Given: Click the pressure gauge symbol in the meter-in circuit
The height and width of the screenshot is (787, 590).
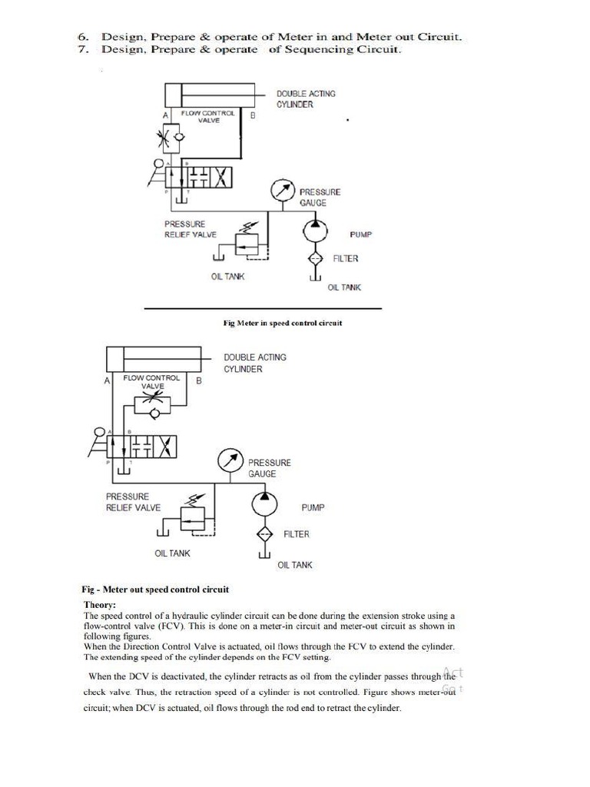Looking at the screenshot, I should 281,191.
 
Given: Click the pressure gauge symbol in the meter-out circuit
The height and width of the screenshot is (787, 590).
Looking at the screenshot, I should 230,460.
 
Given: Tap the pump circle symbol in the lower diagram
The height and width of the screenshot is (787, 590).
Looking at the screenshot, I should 264,503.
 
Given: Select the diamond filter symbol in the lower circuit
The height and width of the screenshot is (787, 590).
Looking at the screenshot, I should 264,533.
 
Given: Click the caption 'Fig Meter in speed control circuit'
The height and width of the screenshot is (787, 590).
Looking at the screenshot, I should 282,323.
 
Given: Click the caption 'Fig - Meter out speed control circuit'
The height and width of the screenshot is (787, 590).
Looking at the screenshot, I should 155,590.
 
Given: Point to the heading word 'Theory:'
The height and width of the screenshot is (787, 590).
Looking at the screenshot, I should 99,605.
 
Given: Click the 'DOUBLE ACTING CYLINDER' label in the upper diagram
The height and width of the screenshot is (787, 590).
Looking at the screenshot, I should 306,99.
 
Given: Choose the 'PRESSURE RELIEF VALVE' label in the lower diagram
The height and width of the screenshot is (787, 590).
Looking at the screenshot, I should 133,502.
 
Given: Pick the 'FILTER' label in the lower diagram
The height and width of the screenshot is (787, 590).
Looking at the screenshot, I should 297,533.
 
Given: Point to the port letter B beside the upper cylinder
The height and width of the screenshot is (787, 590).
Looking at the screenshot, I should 253,115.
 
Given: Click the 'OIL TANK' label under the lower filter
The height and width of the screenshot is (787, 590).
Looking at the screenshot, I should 295,565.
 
